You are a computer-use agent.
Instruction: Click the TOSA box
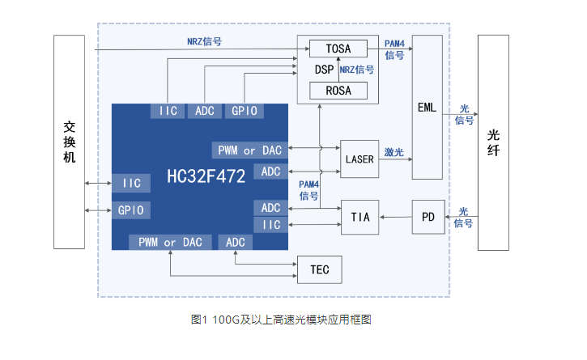point(338,49)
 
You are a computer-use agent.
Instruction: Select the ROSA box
point(338,91)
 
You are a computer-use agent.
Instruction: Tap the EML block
point(427,107)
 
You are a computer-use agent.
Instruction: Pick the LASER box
point(359,159)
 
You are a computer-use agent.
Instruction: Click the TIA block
point(359,218)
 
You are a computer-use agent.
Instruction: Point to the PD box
point(428,216)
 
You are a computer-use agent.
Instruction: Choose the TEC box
point(319,269)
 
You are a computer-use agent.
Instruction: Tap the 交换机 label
point(69,142)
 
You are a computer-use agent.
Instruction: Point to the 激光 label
point(394,152)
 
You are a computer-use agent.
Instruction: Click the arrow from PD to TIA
point(395,217)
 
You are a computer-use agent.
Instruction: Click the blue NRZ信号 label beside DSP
point(357,70)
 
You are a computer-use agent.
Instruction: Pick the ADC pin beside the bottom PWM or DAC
point(236,242)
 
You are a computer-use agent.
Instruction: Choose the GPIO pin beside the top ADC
point(244,111)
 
